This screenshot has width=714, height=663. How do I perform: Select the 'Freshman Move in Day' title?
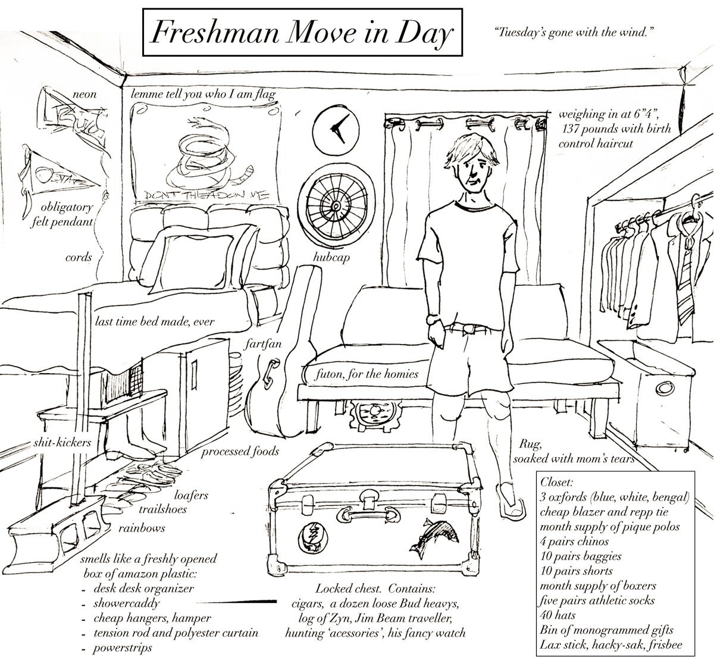300,35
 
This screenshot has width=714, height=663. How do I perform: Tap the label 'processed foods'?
240,451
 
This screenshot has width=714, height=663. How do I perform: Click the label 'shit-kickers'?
62,442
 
